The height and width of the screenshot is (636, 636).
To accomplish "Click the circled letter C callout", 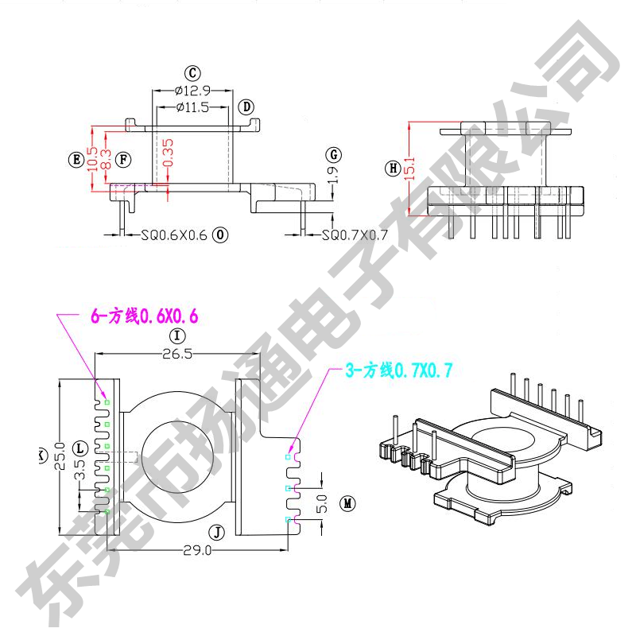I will (x=192, y=72).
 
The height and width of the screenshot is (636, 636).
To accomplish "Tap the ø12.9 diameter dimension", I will (x=192, y=91).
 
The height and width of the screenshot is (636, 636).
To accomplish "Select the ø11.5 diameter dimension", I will (x=192, y=107).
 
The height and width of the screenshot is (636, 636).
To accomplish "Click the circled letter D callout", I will (x=246, y=107).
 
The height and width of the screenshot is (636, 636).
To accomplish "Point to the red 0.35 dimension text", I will (x=167, y=153).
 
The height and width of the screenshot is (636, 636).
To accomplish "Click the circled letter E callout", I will (x=76, y=159).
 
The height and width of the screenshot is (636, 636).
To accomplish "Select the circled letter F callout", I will (x=123, y=159).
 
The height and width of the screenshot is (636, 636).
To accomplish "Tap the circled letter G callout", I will (x=334, y=154).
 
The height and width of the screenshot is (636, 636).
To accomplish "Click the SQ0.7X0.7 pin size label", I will (x=355, y=235).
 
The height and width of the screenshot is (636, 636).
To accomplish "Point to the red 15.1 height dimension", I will (x=411, y=168).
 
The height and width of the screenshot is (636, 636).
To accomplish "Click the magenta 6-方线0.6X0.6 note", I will (x=143, y=316).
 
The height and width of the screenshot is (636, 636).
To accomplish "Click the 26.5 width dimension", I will (x=176, y=355).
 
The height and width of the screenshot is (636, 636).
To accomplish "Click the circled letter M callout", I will (x=347, y=503).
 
